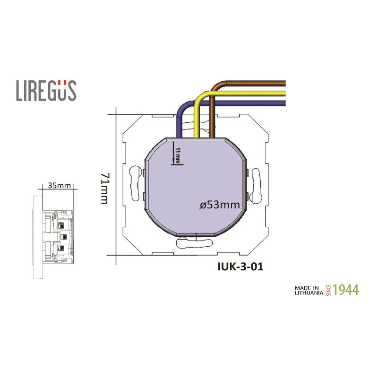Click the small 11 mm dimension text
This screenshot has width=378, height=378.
[178, 155]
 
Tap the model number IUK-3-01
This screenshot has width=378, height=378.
[240, 266]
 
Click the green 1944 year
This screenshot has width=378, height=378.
[345, 290]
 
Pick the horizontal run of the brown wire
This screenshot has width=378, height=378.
[250, 84]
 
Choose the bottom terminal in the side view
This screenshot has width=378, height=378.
[60, 248]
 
